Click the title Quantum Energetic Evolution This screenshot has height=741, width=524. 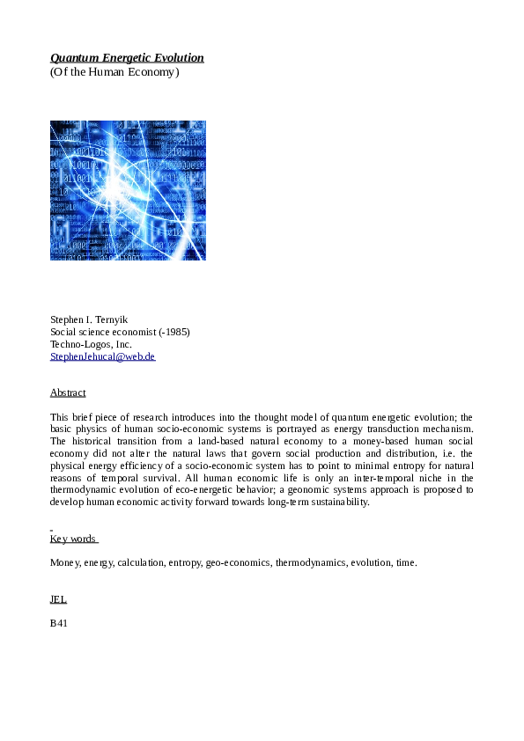(x=127, y=58)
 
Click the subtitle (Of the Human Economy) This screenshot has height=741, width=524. (x=114, y=72)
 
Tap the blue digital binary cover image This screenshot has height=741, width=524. (x=128, y=190)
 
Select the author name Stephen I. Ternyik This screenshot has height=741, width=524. (x=90, y=319)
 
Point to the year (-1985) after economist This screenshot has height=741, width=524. (x=174, y=332)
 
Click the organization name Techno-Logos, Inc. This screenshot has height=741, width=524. (x=91, y=344)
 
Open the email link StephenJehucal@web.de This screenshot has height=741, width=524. (x=102, y=356)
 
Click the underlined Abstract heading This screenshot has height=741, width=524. (x=68, y=393)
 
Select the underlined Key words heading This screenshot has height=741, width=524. (x=73, y=539)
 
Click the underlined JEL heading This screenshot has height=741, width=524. (x=58, y=599)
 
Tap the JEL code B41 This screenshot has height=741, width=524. (x=59, y=623)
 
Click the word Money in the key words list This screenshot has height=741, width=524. (x=65, y=562)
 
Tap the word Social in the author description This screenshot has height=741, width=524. (x=63, y=332)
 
